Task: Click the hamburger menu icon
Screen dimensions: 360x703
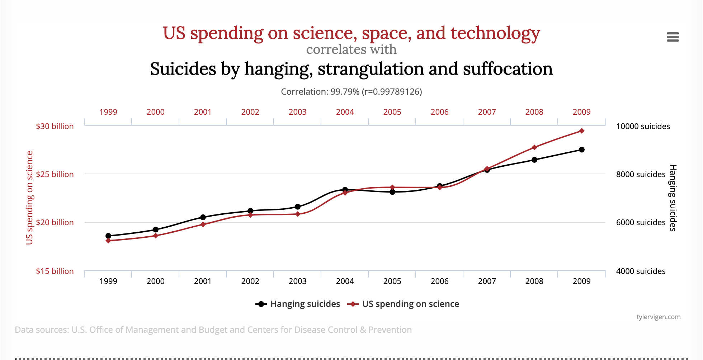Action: (x=673, y=37)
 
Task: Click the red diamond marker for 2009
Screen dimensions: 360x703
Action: (x=581, y=131)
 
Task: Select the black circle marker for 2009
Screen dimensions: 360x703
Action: (x=581, y=150)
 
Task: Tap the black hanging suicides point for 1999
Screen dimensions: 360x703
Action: (x=108, y=236)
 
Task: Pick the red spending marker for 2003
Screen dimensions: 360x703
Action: (x=298, y=214)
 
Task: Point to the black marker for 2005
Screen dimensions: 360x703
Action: (x=392, y=192)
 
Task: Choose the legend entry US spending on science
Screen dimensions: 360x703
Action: (x=410, y=304)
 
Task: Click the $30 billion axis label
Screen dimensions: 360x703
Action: (x=55, y=126)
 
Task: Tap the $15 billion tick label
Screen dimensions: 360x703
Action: (x=55, y=271)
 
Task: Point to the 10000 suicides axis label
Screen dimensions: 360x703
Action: (x=643, y=126)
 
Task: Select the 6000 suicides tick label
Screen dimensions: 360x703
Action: (x=641, y=222)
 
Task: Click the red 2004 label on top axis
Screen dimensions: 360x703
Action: (x=345, y=112)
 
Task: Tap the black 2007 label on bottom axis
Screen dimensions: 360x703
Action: (x=487, y=281)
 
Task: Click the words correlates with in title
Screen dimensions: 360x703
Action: (x=351, y=49)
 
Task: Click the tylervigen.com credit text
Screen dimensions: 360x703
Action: (x=658, y=317)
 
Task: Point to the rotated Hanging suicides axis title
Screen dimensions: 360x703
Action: (x=673, y=198)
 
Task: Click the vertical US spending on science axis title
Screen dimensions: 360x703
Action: (x=29, y=198)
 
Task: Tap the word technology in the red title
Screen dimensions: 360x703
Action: (x=495, y=33)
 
